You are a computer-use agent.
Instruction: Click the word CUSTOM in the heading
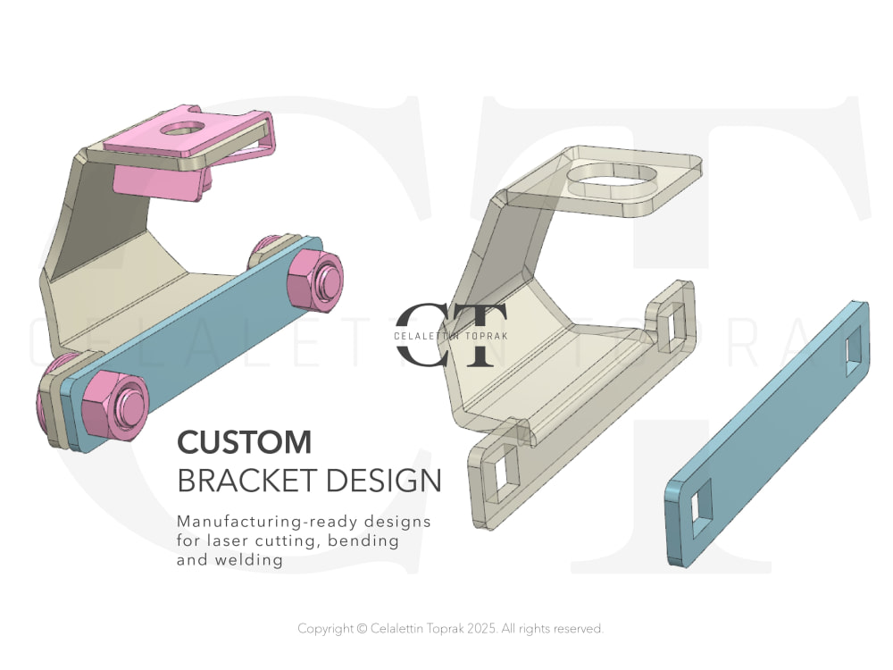tap(245, 442)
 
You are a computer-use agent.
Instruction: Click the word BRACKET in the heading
tap(247, 481)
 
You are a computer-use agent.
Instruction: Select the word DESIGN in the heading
tap(384, 481)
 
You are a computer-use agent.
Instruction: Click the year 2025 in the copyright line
tap(482, 628)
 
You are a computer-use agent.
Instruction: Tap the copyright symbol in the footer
tap(362, 629)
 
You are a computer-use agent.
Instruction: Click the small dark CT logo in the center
tap(450, 335)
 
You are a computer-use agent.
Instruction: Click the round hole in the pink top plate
tap(182, 128)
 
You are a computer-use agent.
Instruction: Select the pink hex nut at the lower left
tap(115, 405)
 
